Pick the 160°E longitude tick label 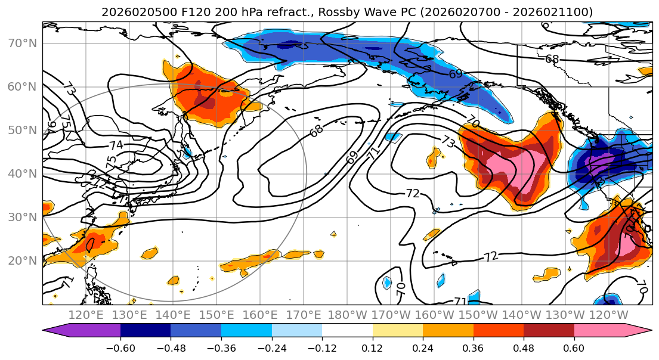[x=261, y=315]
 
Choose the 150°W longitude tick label [x=478, y=315]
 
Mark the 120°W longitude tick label [x=609, y=315]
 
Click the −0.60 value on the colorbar [x=120, y=347]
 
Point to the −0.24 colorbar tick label [x=271, y=347]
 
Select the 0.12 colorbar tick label [x=372, y=347]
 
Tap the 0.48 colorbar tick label [x=524, y=347]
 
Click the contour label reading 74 [x=116, y=145]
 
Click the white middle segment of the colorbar [x=347, y=330]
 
